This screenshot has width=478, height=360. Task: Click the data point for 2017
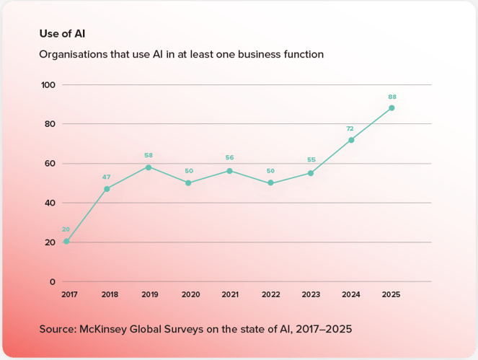pos(66,242)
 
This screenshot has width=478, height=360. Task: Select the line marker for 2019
pos(149,167)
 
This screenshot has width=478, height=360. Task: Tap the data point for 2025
pos(391,108)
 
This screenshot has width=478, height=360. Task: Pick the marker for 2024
pos(351,140)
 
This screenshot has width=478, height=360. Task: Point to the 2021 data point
pos(229,171)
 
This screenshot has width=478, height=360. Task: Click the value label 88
pos(391,97)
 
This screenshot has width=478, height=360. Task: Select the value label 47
pos(107,177)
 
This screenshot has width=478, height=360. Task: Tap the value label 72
pos(351,128)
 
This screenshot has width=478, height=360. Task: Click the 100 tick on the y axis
pos(48,85)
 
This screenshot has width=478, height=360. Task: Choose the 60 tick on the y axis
pos(50,164)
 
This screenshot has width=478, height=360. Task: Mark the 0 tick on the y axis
pos(52,281)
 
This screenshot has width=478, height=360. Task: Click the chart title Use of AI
pos(57,33)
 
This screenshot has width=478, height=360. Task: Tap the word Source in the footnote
pos(58,329)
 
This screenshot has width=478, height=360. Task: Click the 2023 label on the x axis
pos(310,294)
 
